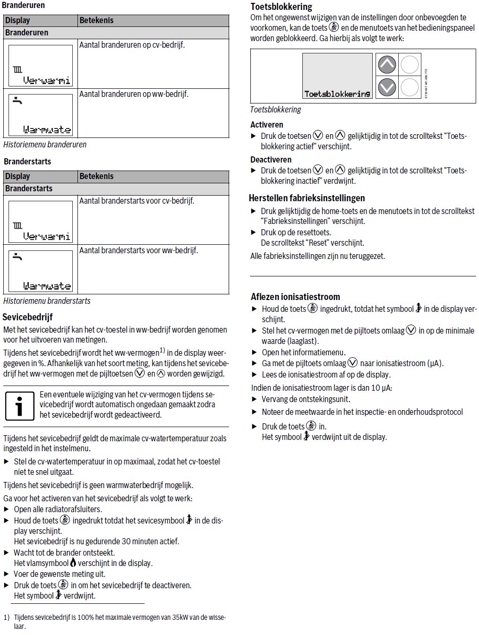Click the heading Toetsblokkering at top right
281,7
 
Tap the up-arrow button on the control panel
387,65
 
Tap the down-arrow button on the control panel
387,87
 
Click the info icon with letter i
19,405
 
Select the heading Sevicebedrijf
27,317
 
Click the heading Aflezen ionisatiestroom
295,297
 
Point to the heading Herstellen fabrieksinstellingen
307,198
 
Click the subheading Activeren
267,125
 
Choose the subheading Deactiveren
271,160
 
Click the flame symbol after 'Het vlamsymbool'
73,563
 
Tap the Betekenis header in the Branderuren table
96,20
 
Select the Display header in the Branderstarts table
17,176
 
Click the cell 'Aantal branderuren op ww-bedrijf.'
134,94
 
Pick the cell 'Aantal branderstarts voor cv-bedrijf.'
137,201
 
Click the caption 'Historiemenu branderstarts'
47,301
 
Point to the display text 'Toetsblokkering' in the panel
337,94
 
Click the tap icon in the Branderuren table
17,100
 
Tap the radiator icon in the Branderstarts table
17,225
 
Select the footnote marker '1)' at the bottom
7,618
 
